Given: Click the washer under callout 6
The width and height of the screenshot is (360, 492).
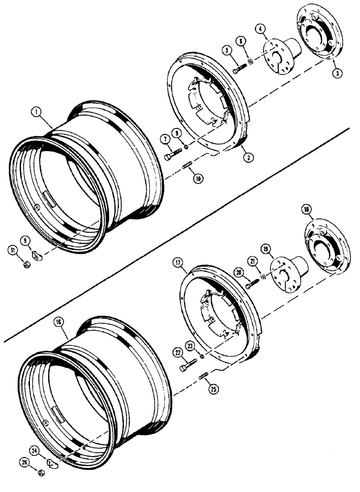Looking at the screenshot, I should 251,61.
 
